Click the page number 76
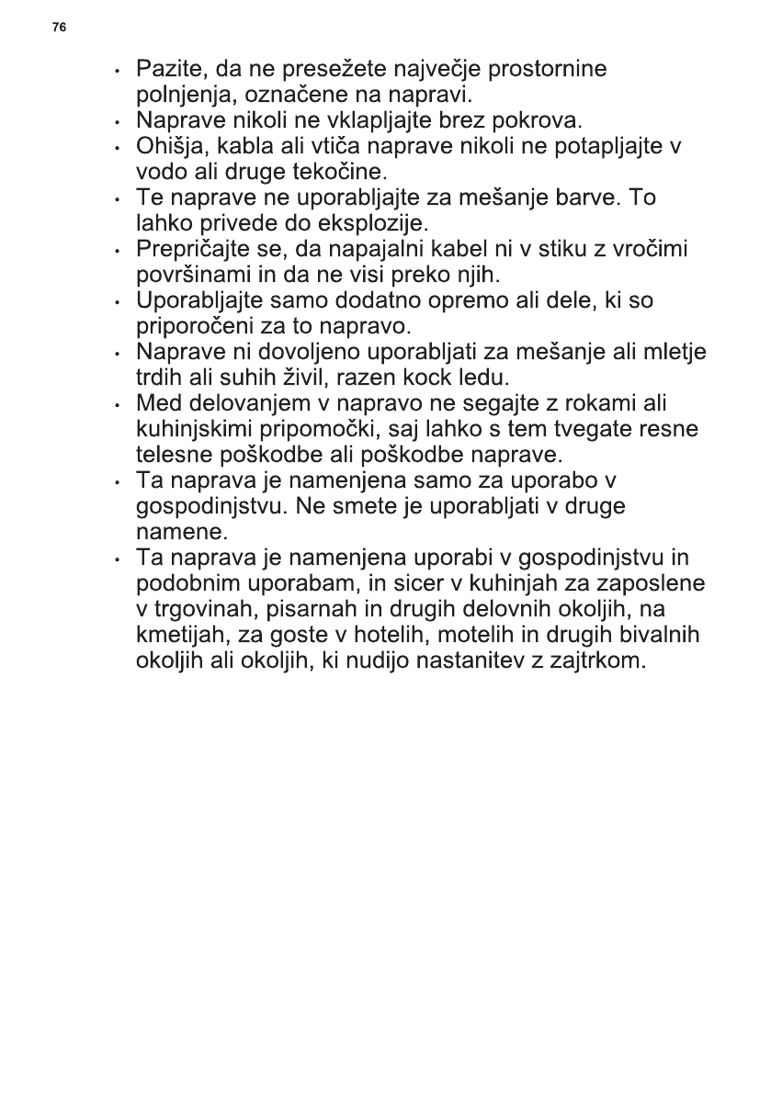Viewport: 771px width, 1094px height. pyautogui.click(x=59, y=28)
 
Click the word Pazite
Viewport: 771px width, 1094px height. pyautogui.click(x=166, y=69)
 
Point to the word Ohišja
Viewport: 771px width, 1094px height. pyautogui.click(x=166, y=146)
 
